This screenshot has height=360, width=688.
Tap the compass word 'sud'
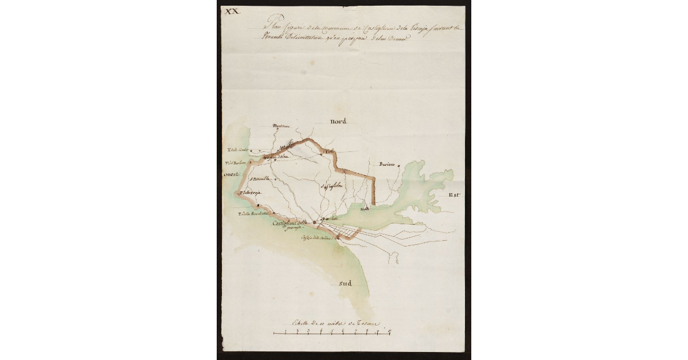click(x=345, y=283)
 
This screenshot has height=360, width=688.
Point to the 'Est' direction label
click(x=455, y=195)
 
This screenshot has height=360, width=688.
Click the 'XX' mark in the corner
click(x=232, y=11)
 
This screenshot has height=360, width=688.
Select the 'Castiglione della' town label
click(x=291, y=223)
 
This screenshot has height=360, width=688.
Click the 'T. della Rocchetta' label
click(x=254, y=214)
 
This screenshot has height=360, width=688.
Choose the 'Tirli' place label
click(x=329, y=151)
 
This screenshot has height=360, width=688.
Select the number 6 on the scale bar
click(x=342, y=331)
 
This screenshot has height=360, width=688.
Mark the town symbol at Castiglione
click(x=315, y=224)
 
